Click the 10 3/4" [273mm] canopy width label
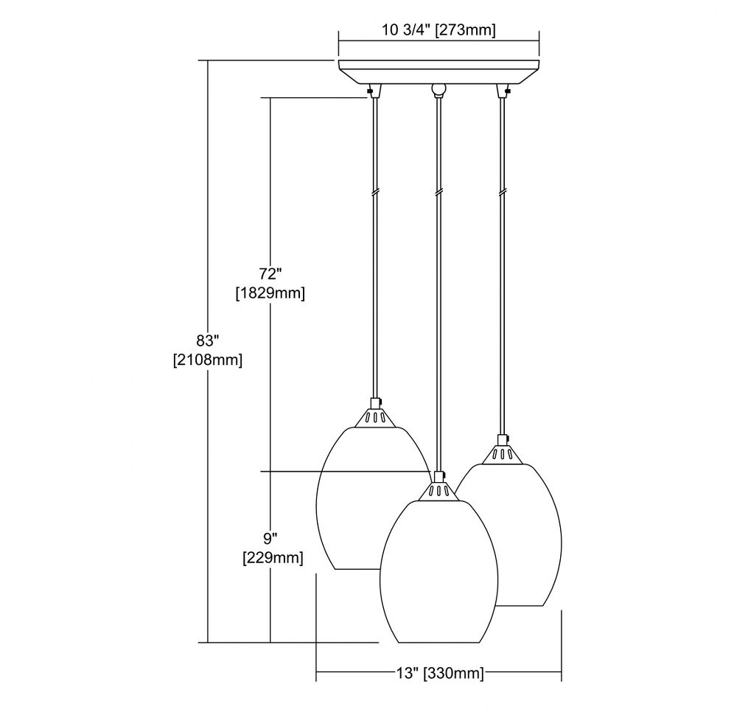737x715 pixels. coord(438,30)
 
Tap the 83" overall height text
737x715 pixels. coord(208,340)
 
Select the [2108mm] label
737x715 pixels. coord(208,360)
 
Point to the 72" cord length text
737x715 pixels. coord(270,273)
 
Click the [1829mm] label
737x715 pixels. coord(270,293)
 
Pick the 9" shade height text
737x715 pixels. coord(270,537)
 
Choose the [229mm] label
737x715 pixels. coord(273,558)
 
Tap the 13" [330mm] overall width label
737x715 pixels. coord(439,673)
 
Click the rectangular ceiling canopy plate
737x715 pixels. coord(439,72)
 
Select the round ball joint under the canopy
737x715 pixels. coord(439,88)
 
